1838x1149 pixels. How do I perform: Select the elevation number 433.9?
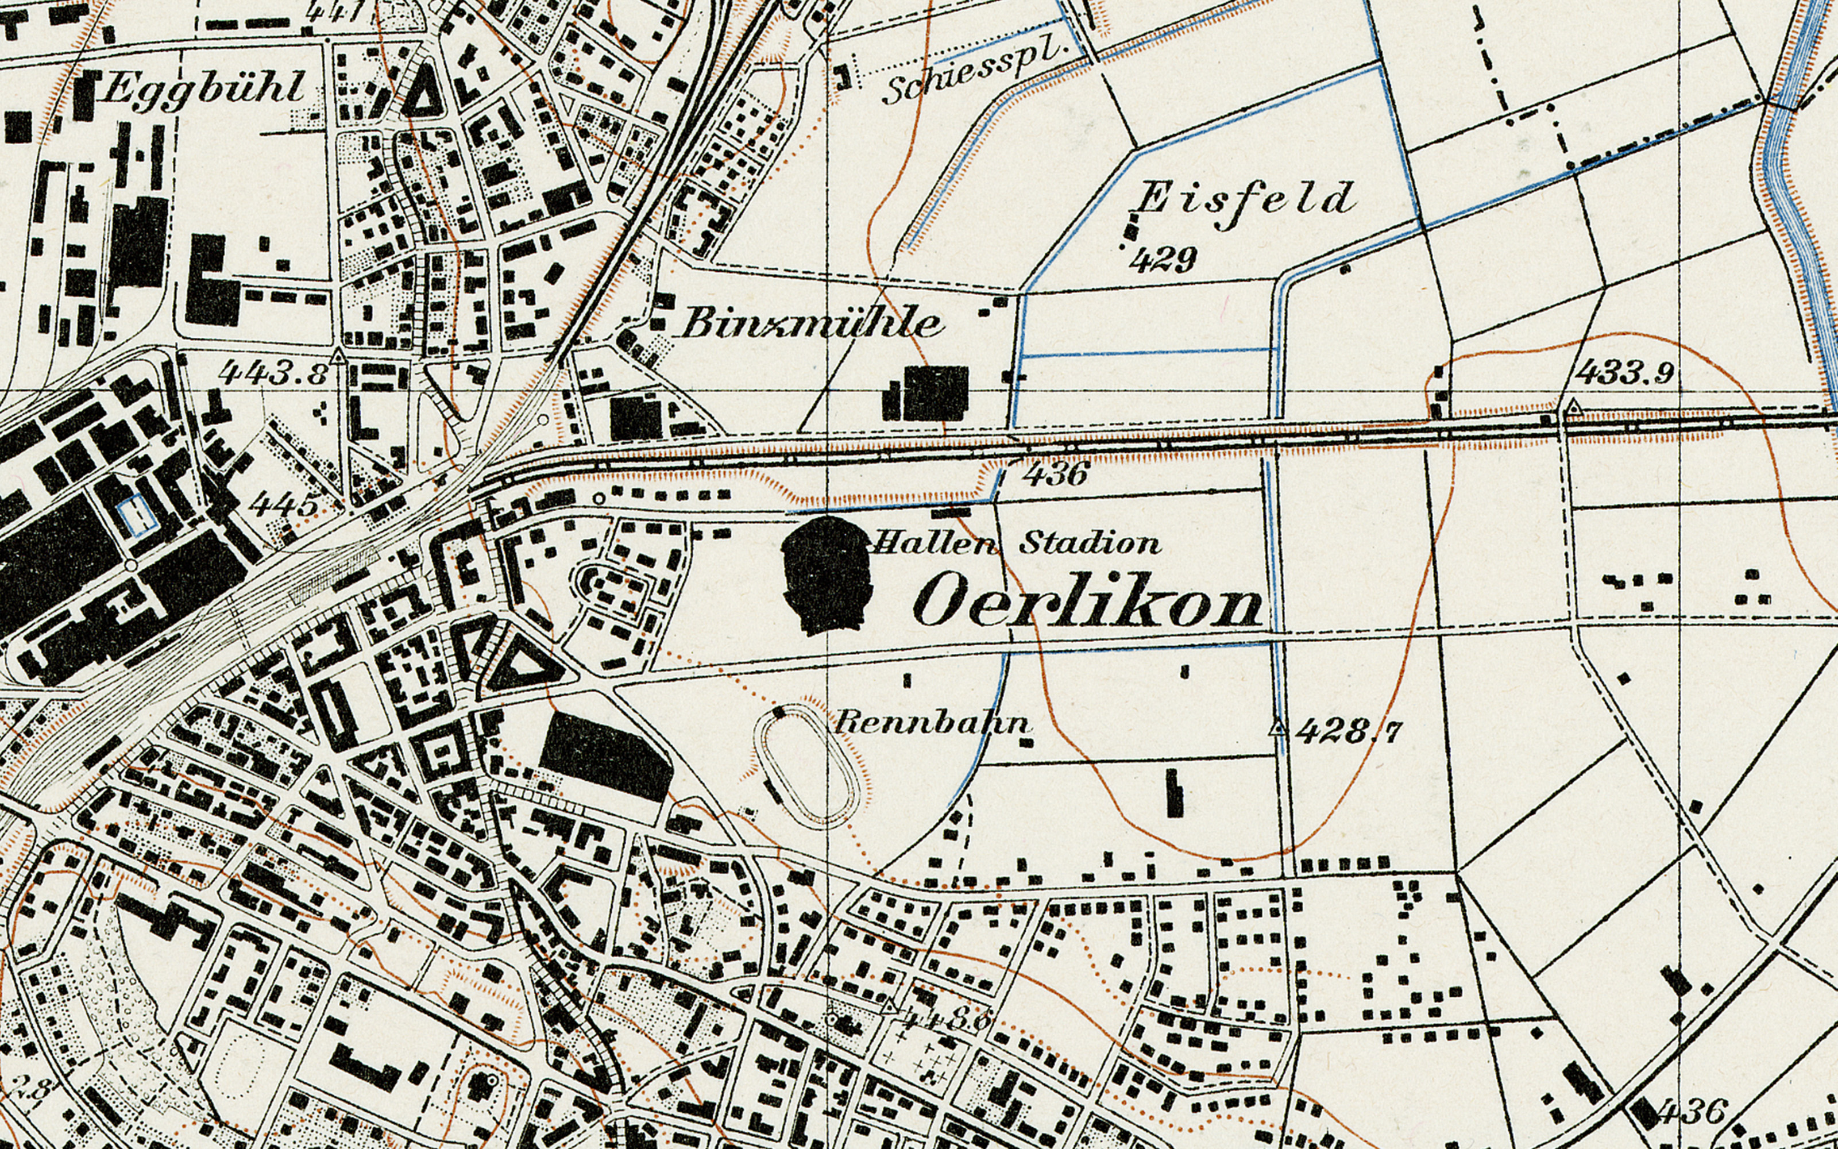point(1625,373)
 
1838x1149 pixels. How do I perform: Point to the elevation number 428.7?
point(1348,732)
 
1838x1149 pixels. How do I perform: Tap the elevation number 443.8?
point(273,373)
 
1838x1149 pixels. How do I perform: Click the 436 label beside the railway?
point(1056,475)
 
